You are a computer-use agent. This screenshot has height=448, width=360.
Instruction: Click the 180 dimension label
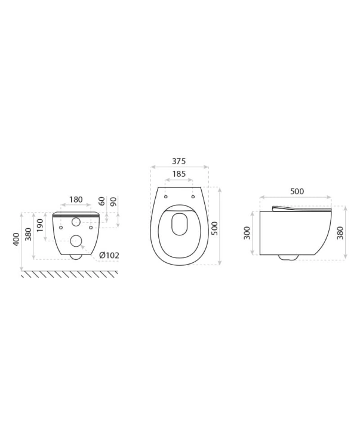click(x=76, y=199)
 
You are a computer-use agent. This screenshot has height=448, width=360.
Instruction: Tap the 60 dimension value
click(x=102, y=201)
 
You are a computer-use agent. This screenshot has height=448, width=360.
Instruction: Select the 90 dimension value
click(x=113, y=201)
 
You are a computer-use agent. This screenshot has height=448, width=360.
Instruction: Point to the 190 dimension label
click(x=39, y=225)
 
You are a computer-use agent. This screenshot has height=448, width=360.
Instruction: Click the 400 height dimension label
click(x=16, y=239)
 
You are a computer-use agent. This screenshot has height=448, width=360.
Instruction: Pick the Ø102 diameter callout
click(x=109, y=255)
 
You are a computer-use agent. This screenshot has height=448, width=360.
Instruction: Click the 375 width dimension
click(x=179, y=161)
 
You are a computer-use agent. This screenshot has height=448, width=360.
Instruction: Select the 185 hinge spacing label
click(x=179, y=174)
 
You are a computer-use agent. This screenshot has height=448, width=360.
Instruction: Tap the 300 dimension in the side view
click(x=247, y=233)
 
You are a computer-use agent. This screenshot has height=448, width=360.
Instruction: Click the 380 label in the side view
click(x=340, y=233)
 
